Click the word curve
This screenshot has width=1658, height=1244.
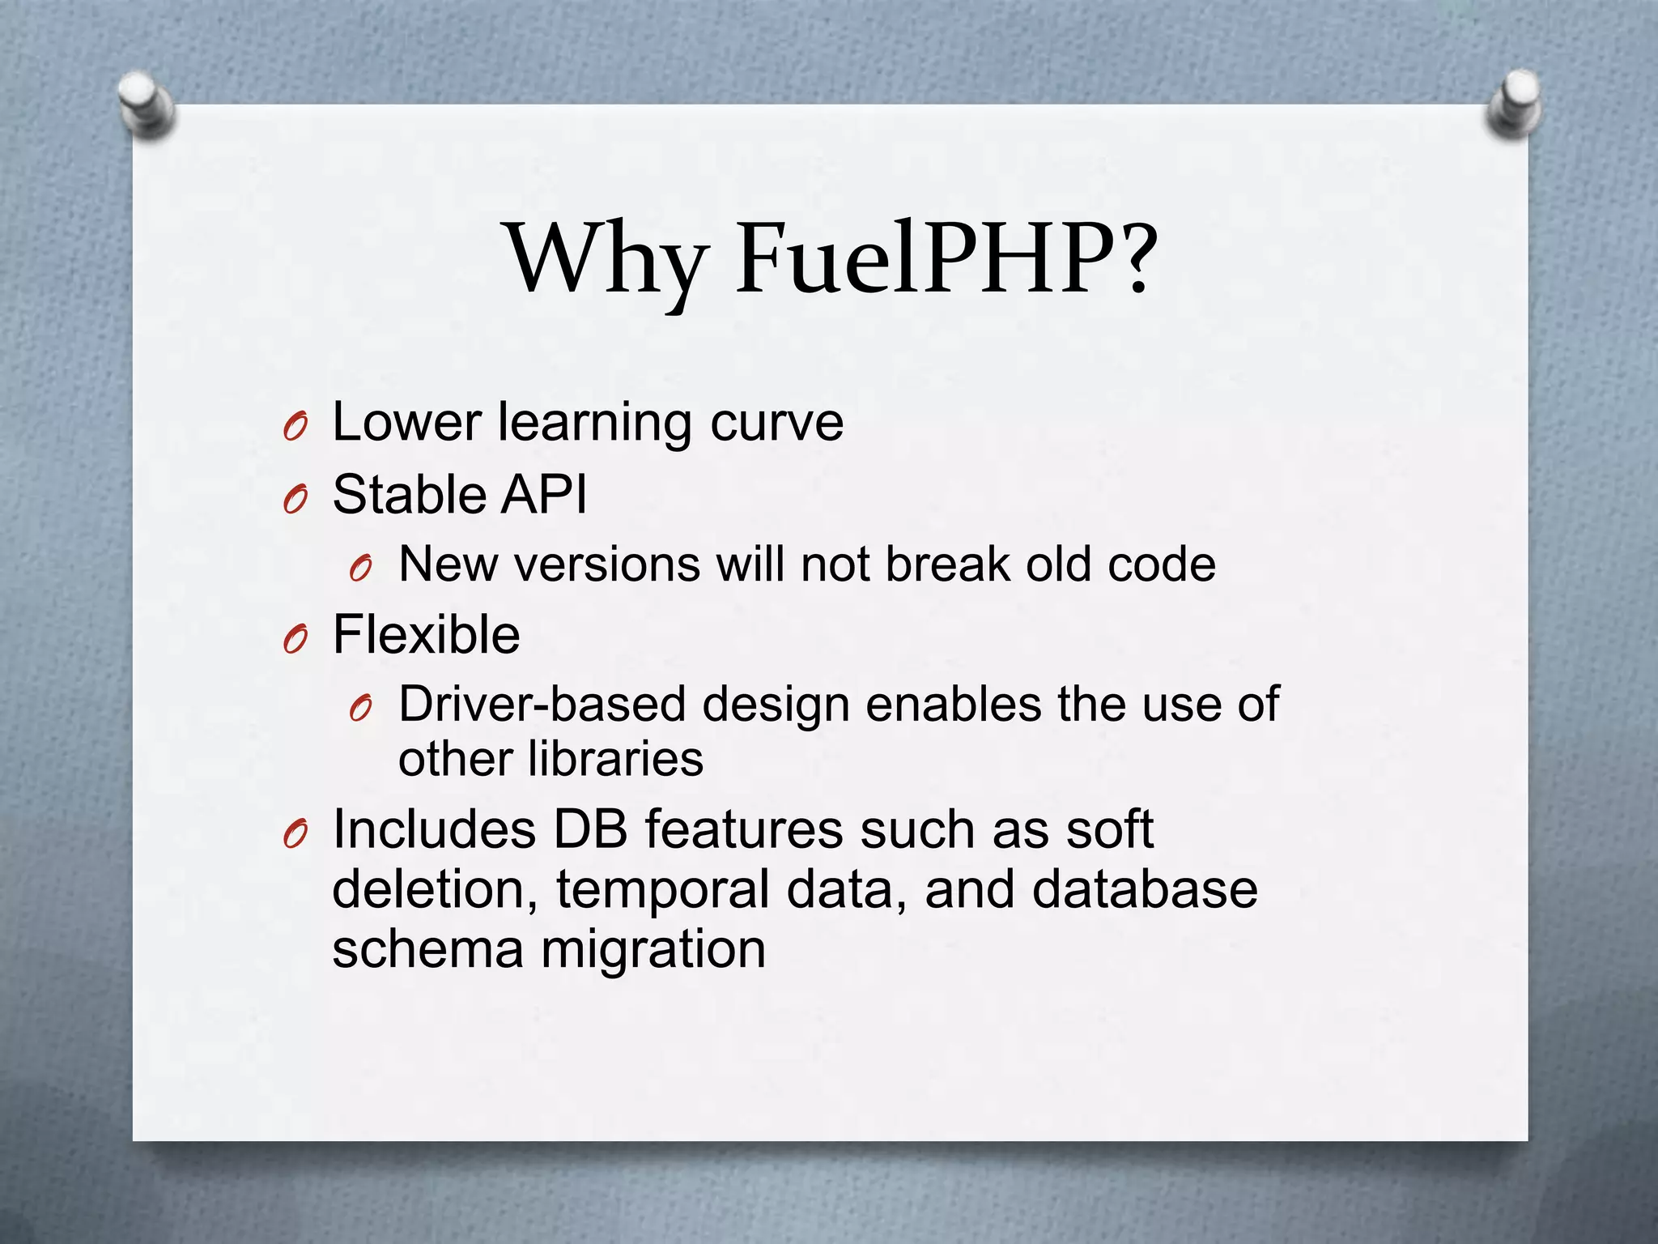coord(776,424)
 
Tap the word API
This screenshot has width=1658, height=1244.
coord(543,494)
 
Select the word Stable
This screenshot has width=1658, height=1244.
coord(409,494)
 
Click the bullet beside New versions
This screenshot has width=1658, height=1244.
coord(360,569)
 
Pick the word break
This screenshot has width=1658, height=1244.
coord(948,564)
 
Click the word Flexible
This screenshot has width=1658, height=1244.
coord(426,634)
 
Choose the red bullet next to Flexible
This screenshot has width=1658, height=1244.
coord(295,640)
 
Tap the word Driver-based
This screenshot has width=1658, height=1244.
coord(542,704)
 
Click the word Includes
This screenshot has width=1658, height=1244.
coord(435,830)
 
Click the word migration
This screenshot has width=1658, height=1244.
coord(653,949)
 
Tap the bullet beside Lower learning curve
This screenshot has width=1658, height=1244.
coord(295,427)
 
